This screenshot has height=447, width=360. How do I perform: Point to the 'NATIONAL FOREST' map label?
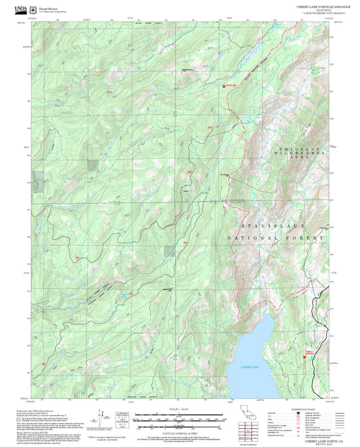276,238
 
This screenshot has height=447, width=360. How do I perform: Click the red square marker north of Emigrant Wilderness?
224,86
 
